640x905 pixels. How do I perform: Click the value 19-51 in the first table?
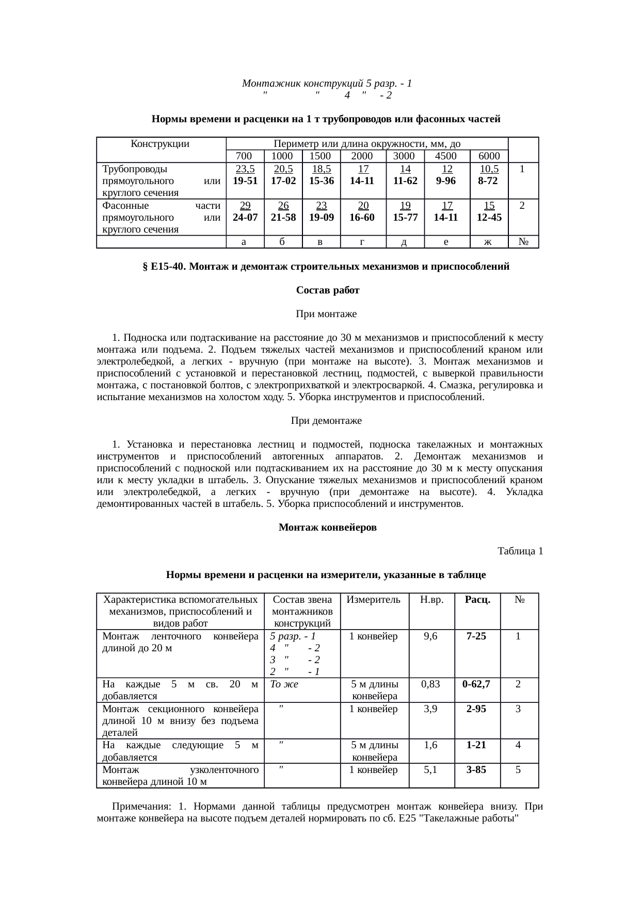[x=245, y=181]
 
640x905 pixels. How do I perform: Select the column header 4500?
[x=447, y=156]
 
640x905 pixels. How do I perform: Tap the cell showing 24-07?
[x=245, y=217]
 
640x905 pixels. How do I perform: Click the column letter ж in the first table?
[x=489, y=242]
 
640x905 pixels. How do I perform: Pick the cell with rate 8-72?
[x=488, y=181]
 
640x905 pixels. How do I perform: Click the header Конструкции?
[x=160, y=143]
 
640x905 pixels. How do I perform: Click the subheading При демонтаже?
[x=326, y=421]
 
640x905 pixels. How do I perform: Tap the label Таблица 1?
[x=520, y=551]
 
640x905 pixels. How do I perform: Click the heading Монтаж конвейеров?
[x=327, y=528]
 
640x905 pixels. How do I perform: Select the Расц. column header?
[x=477, y=600]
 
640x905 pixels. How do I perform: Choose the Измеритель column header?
[x=374, y=600]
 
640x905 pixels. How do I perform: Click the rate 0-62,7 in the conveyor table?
[x=476, y=684]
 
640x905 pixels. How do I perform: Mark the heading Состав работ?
[x=328, y=290]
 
